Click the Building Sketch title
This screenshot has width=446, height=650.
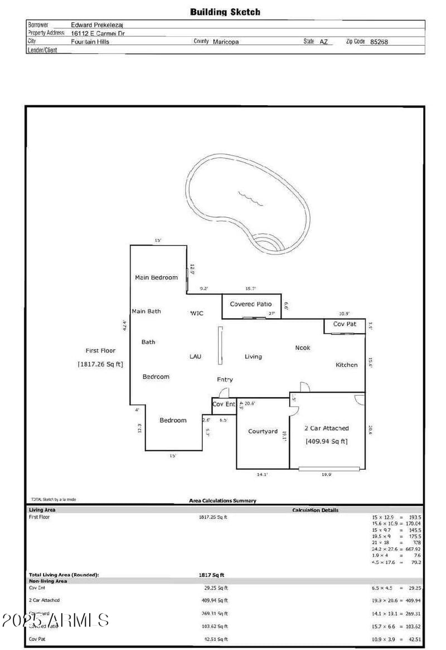(x=225, y=12)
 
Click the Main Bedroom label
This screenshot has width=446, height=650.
(x=156, y=277)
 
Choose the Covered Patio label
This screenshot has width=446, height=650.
(x=250, y=304)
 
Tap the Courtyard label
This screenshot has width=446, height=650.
(x=262, y=431)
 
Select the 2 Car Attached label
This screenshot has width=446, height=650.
(x=326, y=428)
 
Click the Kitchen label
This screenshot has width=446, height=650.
(x=346, y=365)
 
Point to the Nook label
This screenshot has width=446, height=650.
(x=302, y=348)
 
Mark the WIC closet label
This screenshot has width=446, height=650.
(x=197, y=313)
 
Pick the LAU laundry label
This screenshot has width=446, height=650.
(x=195, y=356)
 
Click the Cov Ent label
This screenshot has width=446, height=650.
(x=224, y=404)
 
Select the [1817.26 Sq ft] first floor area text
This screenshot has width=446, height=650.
(x=100, y=364)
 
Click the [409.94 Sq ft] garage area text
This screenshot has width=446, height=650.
(x=326, y=441)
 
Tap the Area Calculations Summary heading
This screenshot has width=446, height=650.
(x=223, y=501)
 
